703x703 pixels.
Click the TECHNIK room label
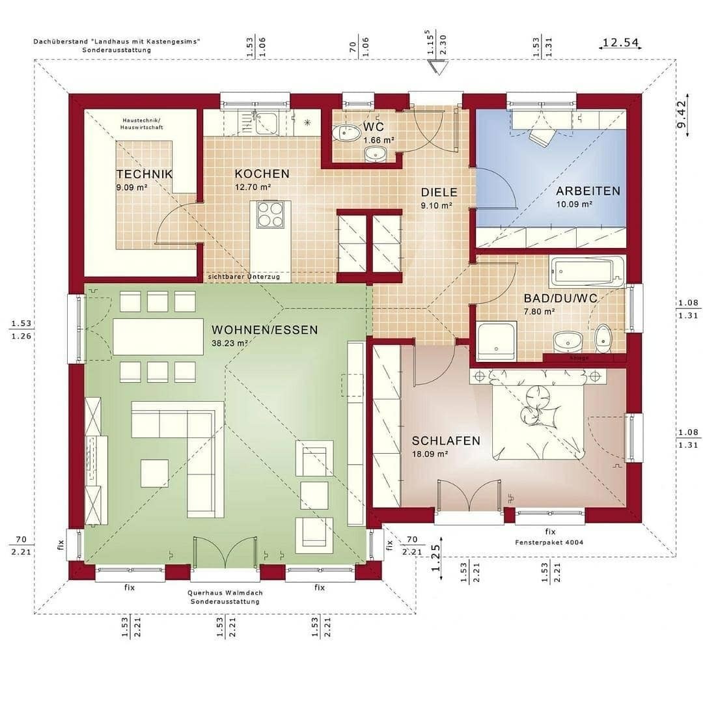tap(145, 174)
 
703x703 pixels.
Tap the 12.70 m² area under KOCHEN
tap(253, 187)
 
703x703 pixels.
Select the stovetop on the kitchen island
tap(271, 214)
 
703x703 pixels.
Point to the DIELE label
tap(439, 193)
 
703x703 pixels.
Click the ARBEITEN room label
tap(588, 191)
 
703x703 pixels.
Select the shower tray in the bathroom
tap(496, 341)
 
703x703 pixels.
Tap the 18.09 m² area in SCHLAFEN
tap(430, 454)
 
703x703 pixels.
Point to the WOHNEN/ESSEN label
tap(265, 330)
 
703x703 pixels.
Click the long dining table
tap(158, 336)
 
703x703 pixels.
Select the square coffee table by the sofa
tap(154, 473)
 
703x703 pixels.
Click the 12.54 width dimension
tap(620, 43)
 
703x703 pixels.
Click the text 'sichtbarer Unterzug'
tap(244, 277)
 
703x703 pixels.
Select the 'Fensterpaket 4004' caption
tap(549, 542)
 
